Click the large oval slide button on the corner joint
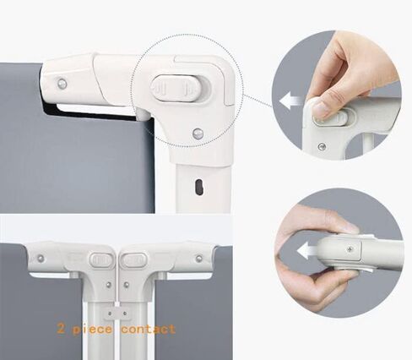tap(176, 88)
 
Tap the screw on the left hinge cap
tap(62, 84)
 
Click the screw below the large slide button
tap(198, 134)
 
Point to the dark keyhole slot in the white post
tap(199, 187)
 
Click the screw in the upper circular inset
tap(322, 146)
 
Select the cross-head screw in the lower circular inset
tap(350, 249)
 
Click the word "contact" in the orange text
tap(149, 330)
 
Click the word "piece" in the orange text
tap(92, 330)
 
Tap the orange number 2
tap(61, 328)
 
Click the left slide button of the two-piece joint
tap(101, 259)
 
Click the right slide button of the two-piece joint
tap(134, 259)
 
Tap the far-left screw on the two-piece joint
tap(41, 259)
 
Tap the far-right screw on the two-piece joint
tap(199, 259)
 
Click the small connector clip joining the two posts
tap(117, 314)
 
